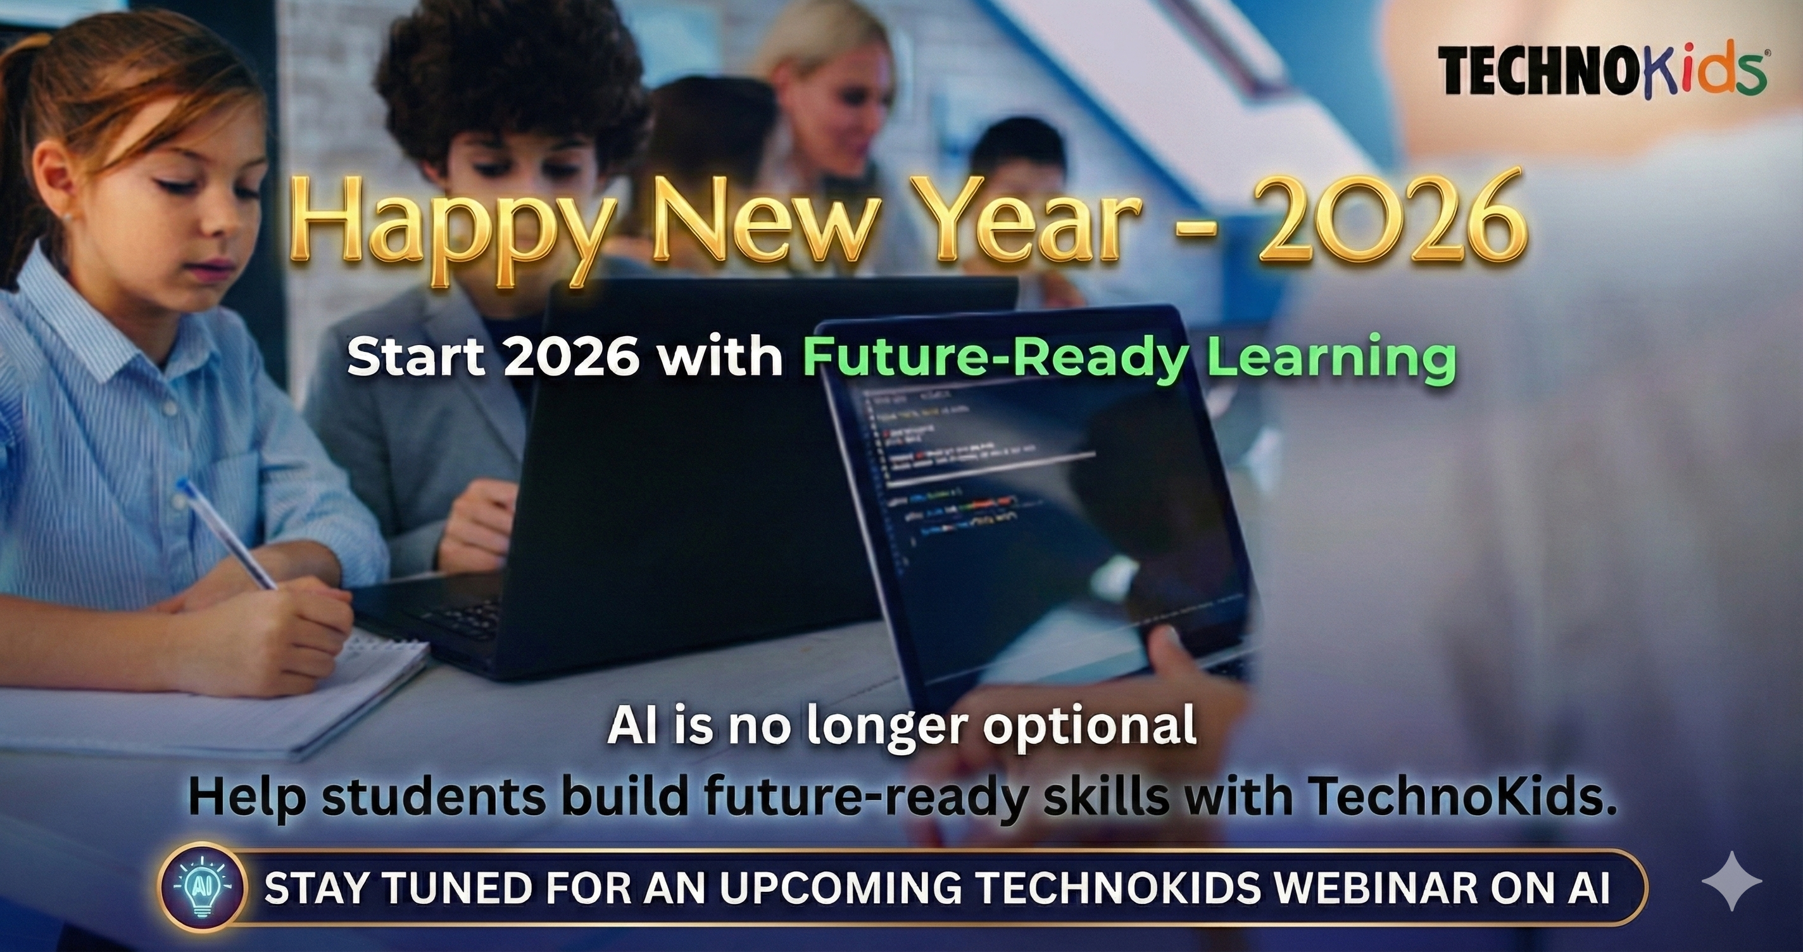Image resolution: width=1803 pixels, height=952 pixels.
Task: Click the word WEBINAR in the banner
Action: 1355,888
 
